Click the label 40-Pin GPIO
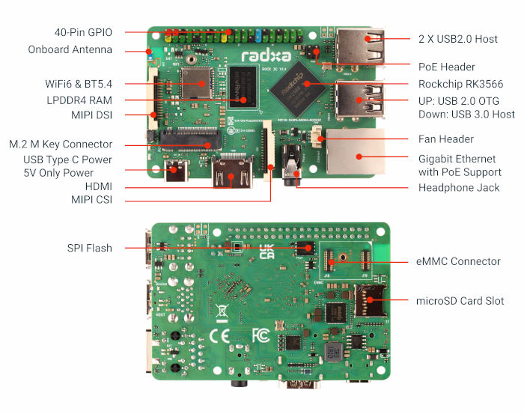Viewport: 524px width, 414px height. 82,33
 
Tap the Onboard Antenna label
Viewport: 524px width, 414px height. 70,50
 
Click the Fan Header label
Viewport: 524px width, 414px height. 445,139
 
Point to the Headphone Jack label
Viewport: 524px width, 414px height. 459,187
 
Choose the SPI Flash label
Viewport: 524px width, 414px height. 88,248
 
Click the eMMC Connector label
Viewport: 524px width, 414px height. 458,261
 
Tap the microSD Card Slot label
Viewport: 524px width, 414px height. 460,301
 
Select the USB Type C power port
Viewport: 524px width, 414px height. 178,171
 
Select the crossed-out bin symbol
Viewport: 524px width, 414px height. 222,309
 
